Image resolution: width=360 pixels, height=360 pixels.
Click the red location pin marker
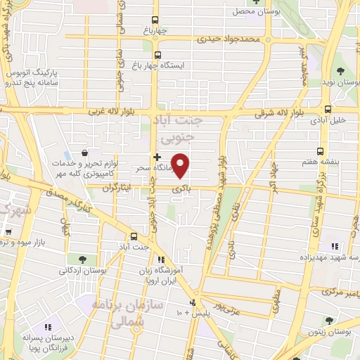[x=181, y=166]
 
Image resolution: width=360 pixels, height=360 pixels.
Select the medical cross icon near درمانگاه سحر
[x=157, y=156]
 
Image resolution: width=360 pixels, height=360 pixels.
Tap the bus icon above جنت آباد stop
[x=134, y=236]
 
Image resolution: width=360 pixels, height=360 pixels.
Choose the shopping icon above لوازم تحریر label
[x=84, y=153]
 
